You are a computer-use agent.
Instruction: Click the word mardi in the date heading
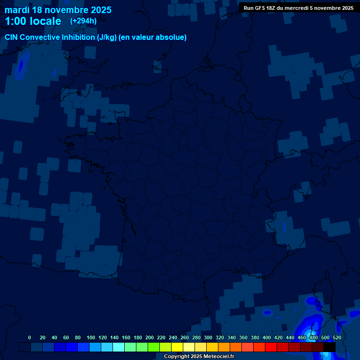[16, 10]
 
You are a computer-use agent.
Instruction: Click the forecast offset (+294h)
[83, 21]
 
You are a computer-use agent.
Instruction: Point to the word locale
[45, 21]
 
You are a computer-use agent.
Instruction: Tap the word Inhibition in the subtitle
[78, 37]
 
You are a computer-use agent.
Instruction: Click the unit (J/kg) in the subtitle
[107, 37]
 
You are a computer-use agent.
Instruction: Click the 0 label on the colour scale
[30, 337]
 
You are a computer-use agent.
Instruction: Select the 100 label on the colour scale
[90, 337]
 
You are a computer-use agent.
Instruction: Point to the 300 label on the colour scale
[208, 337]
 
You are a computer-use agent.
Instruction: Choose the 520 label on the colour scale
[337, 337]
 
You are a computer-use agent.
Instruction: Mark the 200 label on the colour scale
[149, 337]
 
